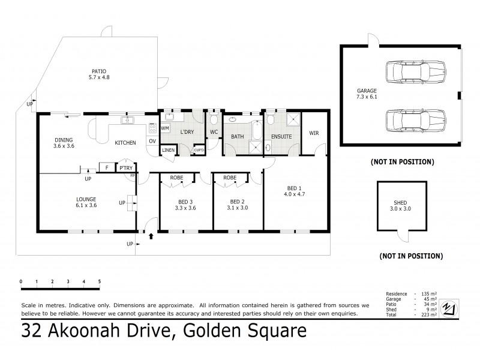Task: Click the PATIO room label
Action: (x=92, y=70)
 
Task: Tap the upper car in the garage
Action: (x=413, y=72)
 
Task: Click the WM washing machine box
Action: (x=165, y=128)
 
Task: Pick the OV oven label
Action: (x=152, y=141)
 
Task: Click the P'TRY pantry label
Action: (x=125, y=169)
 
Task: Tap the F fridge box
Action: (x=106, y=169)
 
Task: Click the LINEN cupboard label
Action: (x=168, y=150)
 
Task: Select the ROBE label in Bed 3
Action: (x=176, y=178)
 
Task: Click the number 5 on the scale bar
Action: (x=100, y=281)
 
